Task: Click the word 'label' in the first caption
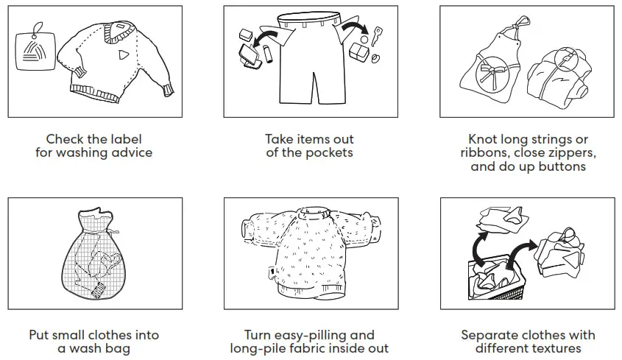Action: click(124, 139)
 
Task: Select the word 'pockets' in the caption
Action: click(329, 153)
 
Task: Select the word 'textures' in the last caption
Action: click(551, 349)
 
